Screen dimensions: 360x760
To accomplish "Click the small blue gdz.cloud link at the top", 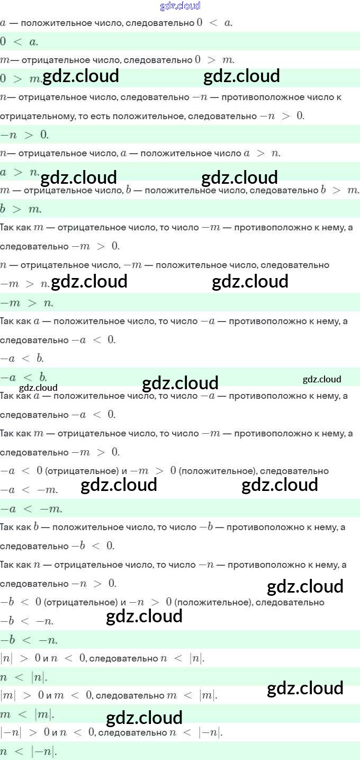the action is coord(180,6).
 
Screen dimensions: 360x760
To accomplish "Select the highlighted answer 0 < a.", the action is coord(19,41).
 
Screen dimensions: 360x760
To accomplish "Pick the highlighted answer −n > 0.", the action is coord(24,135).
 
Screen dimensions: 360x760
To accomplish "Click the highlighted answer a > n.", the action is coord(20,173).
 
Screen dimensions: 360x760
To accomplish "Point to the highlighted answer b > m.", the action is coord(21,210).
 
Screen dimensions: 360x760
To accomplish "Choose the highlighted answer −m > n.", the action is coord(27,303).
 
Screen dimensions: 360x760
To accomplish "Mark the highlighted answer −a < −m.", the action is coord(31,509).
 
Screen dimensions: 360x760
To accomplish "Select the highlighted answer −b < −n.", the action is coord(29,640).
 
